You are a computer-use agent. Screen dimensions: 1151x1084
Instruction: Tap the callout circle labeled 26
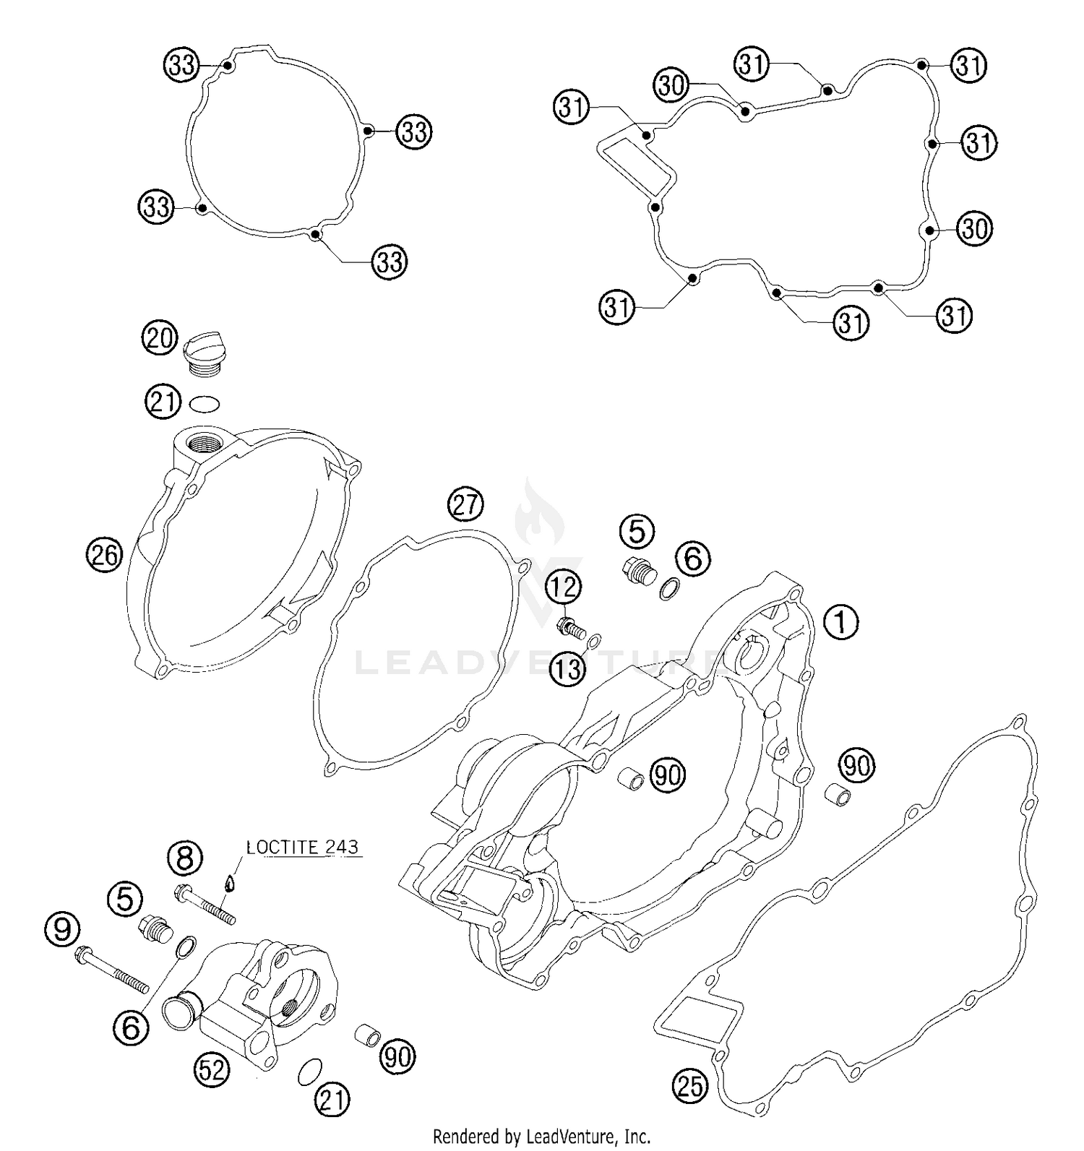[x=105, y=555]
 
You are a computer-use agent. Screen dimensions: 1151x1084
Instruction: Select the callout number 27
[x=466, y=504]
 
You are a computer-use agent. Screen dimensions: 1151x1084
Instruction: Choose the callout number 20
[x=160, y=337]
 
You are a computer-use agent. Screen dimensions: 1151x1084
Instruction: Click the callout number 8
[x=185, y=858]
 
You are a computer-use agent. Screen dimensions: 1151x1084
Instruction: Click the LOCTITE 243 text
[x=302, y=847]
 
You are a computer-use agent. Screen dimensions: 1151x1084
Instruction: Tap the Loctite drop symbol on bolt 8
[x=230, y=883]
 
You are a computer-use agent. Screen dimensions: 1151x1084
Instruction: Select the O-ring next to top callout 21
[x=205, y=402]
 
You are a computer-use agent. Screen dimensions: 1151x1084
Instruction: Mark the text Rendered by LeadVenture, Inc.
[x=541, y=1136]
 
